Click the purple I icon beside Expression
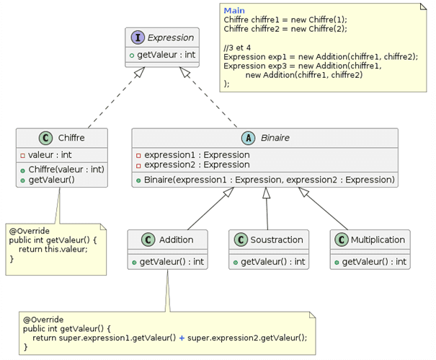(x=138, y=38)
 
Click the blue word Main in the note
(x=234, y=10)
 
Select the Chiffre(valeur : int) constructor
(x=66, y=169)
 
